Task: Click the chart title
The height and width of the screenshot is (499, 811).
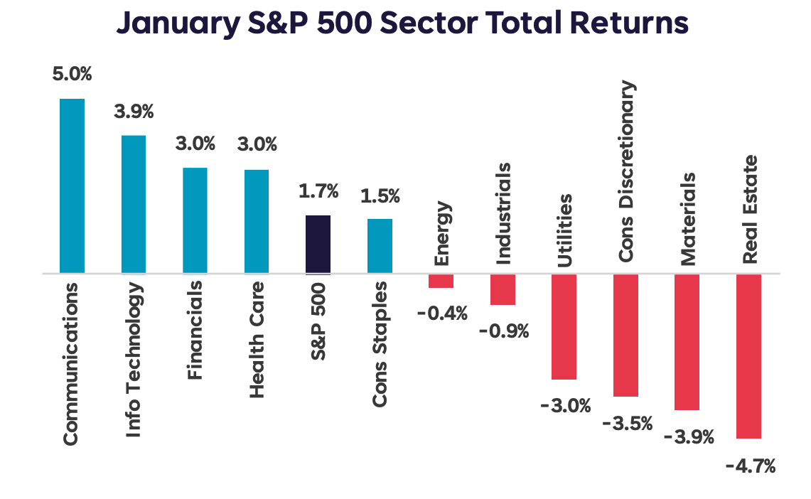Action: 402,23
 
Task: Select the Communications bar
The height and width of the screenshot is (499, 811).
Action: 72,186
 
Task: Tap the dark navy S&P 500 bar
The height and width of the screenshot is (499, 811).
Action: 318,245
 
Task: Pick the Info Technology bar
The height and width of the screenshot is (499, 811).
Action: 134,204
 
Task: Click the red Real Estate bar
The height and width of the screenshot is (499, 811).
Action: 749,356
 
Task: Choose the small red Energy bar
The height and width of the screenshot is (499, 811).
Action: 441,281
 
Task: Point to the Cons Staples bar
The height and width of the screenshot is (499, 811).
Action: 380,246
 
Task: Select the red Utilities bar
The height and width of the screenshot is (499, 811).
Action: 564,326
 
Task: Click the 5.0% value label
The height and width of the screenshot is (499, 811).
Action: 72,74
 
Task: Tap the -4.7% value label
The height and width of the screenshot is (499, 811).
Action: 750,467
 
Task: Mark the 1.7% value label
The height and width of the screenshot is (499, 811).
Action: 318,191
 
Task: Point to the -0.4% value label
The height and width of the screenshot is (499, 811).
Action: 442,313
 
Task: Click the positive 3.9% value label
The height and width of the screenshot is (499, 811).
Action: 134,112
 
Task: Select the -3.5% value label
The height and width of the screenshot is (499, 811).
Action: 627,424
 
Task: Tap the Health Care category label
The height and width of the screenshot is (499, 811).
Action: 257,339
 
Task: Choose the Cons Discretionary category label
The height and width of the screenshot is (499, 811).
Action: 627,171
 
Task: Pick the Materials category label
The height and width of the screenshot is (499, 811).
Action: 688,220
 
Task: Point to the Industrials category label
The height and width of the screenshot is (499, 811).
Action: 503,214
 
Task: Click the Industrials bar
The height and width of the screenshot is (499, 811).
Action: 503,289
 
